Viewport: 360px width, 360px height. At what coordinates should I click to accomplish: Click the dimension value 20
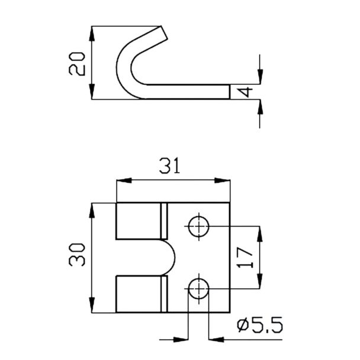click(x=77, y=64)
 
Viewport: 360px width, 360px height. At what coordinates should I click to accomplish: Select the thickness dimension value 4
click(x=246, y=92)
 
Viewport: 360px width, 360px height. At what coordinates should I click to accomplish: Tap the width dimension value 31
click(x=170, y=165)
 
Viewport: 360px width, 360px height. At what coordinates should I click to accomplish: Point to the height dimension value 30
click(x=77, y=255)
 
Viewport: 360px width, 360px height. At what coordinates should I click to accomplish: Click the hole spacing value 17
click(x=245, y=258)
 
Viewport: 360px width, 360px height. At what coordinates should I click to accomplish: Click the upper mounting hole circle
click(x=198, y=226)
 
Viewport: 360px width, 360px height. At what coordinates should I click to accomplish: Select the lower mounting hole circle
click(x=198, y=288)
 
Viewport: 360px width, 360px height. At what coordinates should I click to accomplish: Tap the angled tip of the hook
click(x=164, y=33)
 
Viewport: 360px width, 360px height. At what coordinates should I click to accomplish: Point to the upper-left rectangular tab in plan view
click(x=139, y=221)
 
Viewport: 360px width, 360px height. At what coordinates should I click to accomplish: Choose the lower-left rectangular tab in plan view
click(x=139, y=294)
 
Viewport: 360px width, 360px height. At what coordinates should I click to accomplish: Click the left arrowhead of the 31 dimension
click(x=124, y=181)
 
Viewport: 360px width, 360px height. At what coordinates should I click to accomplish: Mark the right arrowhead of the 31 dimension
click(x=222, y=181)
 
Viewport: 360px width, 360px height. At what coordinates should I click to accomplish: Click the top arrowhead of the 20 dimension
click(x=92, y=34)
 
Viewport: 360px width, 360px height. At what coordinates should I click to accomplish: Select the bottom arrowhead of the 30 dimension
click(x=92, y=305)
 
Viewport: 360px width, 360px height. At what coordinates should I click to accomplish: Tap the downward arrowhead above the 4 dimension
click(x=260, y=77)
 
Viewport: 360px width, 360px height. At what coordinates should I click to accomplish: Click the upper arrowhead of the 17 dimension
click(x=260, y=234)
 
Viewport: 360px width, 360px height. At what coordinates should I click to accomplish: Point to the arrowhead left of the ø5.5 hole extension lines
click(x=181, y=339)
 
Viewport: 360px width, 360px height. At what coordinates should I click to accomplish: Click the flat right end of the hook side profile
click(x=230, y=92)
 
